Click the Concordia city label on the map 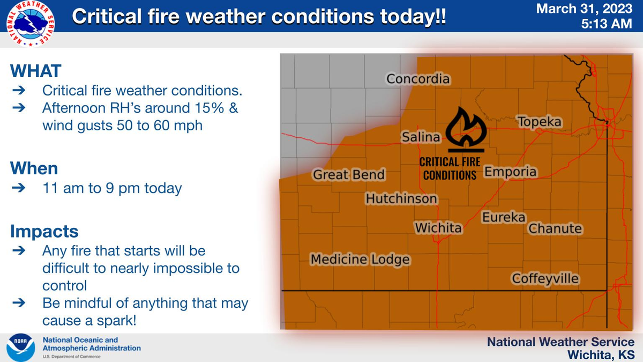(418, 79)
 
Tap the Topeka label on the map (540, 122)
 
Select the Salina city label (421, 138)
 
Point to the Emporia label (510, 172)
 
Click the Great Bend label (349, 175)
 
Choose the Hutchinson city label (401, 199)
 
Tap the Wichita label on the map (438, 228)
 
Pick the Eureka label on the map (504, 218)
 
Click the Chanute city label (555, 229)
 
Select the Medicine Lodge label (361, 260)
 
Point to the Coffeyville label (545, 279)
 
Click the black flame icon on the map (465, 129)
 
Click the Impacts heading (44, 232)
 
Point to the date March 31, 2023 (592, 9)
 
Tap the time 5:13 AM (609, 25)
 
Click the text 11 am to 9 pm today (112, 189)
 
